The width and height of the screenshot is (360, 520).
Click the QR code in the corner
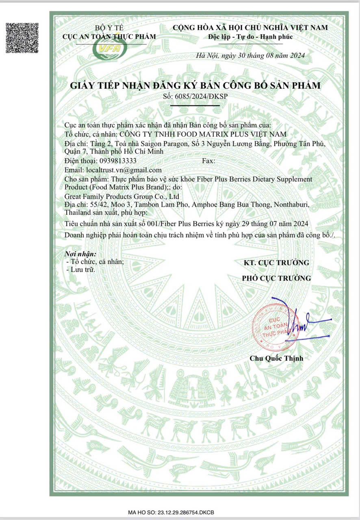(22, 38)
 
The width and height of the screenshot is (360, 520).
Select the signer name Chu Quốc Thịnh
(276, 358)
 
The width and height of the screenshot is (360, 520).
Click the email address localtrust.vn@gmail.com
(123, 170)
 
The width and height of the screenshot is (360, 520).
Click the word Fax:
(208, 161)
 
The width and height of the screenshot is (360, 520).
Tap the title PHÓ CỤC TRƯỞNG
(276, 278)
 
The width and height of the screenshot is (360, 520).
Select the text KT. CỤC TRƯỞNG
(276, 262)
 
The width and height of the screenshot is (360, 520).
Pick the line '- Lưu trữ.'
(81, 269)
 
